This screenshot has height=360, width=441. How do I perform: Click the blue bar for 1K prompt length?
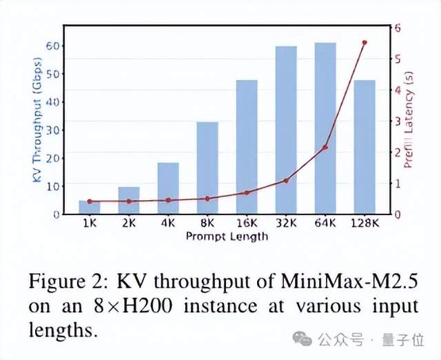pyautogui.click(x=90, y=207)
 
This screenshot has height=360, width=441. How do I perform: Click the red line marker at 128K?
pyautogui.click(x=365, y=43)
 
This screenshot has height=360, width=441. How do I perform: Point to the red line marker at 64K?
pyautogui.click(x=325, y=148)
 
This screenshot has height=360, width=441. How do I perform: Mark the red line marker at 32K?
pyautogui.click(x=286, y=181)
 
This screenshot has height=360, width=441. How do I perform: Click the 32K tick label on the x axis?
pyautogui.click(x=286, y=223)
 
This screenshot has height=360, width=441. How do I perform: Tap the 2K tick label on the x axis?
pyautogui.click(x=129, y=223)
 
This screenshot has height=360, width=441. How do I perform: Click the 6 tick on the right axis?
pyautogui.click(x=398, y=28)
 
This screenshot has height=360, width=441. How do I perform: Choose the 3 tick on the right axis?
pyautogui.click(x=398, y=121)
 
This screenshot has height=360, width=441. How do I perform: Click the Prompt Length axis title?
pyautogui.click(x=227, y=236)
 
